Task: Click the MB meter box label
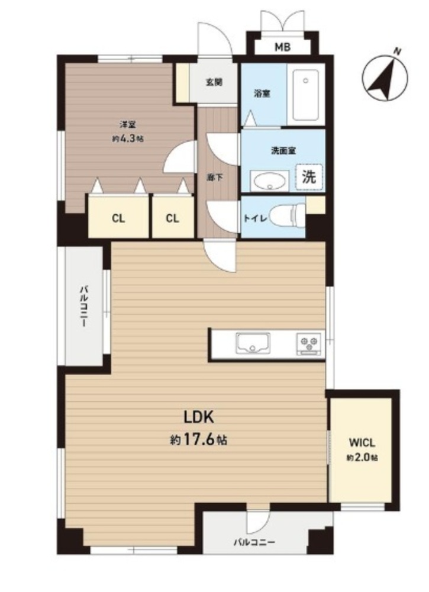click(x=282, y=47)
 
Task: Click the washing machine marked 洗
click(x=309, y=176)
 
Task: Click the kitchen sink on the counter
click(x=253, y=343)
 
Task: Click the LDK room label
click(x=199, y=417)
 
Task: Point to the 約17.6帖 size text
click(x=199, y=439)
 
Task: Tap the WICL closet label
click(x=362, y=442)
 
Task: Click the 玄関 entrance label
click(x=214, y=82)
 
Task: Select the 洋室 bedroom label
click(x=128, y=124)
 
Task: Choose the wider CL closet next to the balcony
click(x=118, y=217)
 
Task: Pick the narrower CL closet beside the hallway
click(x=173, y=217)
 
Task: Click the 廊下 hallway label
click(x=213, y=177)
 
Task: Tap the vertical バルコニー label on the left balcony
click(x=84, y=306)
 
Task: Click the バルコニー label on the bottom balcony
click(x=254, y=542)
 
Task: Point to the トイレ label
click(x=256, y=218)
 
